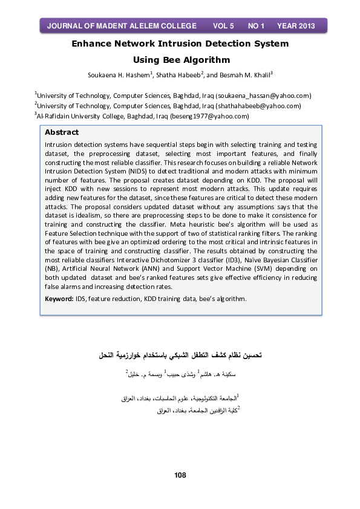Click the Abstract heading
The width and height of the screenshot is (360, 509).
tap(62, 132)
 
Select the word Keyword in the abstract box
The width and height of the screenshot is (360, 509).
tap(59, 299)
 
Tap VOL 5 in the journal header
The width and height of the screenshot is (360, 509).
tap(223, 26)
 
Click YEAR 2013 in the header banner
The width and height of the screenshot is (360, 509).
tap(296, 26)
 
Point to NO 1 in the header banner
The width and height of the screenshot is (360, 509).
tap(257, 26)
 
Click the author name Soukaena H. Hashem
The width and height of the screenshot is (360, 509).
tap(118, 76)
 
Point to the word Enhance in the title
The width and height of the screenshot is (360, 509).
tap(93, 44)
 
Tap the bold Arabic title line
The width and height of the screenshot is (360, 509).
tap(180, 351)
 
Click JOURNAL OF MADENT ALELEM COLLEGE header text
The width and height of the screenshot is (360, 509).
tap(122, 26)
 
